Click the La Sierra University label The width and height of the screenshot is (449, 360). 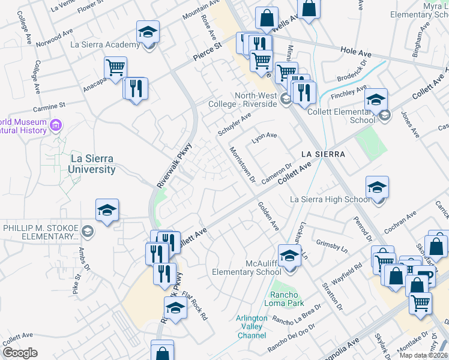click(93, 164)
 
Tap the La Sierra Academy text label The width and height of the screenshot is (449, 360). click(105, 44)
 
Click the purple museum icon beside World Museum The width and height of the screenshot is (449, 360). click(56, 125)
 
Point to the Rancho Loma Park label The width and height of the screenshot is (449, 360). click(281, 298)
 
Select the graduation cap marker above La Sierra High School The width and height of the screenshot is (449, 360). click(377, 187)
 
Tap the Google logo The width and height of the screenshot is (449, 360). click(20, 353)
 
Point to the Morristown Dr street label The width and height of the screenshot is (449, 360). click(243, 163)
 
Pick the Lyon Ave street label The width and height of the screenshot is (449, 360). click(264, 137)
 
